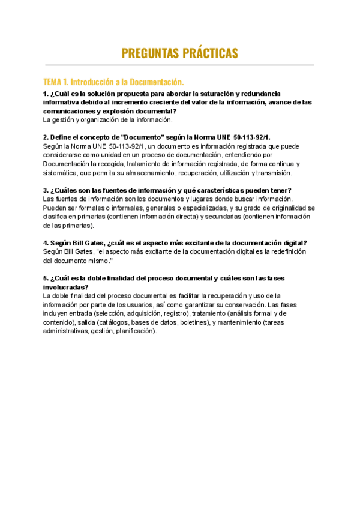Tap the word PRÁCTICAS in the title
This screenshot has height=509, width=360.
(208, 53)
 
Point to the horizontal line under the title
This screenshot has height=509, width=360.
(179, 65)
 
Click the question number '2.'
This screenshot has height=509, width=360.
(46, 137)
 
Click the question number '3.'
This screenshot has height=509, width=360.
(46, 190)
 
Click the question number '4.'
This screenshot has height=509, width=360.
(46, 242)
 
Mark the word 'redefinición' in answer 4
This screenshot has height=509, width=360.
(287, 251)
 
